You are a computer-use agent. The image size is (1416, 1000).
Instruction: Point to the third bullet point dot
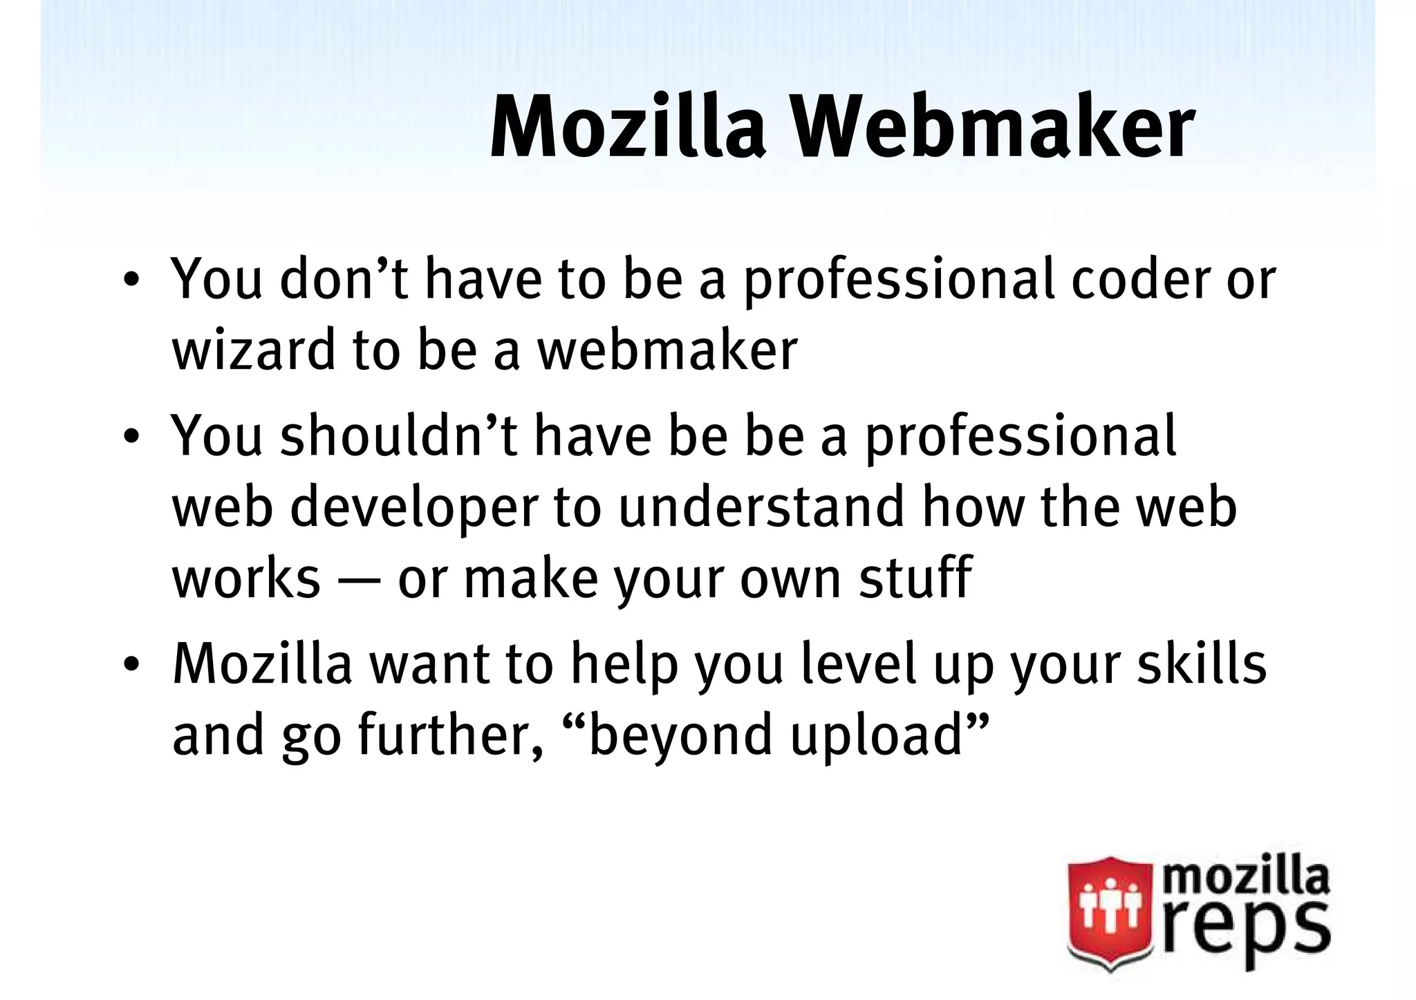point(129,666)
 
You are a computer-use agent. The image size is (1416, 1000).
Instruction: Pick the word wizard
point(254,350)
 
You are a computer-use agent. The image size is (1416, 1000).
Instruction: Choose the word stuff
point(915,577)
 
